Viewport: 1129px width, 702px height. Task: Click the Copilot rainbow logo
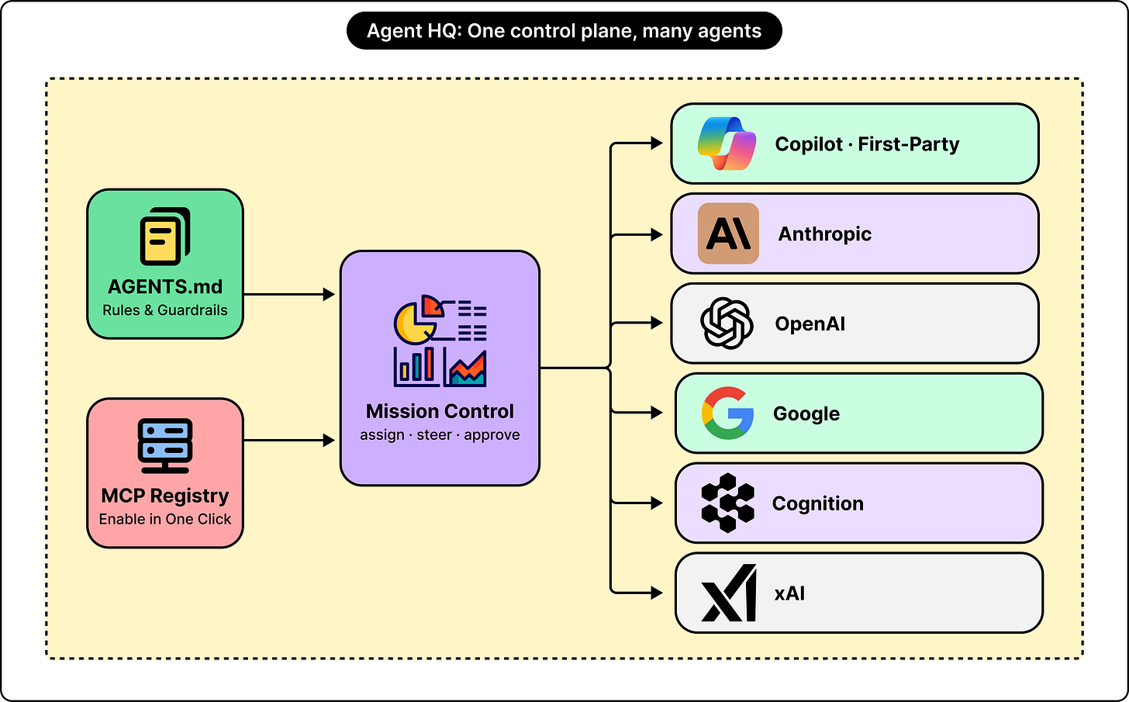pyautogui.click(x=727, y=144)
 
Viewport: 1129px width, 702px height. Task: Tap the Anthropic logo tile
pyautogui.click(x=728, y=233)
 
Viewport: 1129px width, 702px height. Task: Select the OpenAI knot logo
pyautogui.click(x=727, y=323)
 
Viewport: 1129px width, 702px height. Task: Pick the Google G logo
pyautogui.click(x=727, y=413)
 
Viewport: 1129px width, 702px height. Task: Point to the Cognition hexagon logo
pyautogui.click(x=728, y=503)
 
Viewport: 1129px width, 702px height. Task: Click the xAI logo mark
pyautogui.click(x=729, y=593)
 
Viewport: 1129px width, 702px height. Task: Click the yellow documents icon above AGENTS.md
pyautogui.click(x=165, y=236)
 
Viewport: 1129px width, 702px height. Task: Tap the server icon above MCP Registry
pyautogui.click(x=165, y=446)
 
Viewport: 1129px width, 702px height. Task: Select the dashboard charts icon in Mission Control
pyautogui.click(x=440, y=341)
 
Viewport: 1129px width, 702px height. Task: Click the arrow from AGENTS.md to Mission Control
pyautogui.click(x=289, y=294)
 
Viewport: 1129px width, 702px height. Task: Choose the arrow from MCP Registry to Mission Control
pyautogui.click(x=289, y=441)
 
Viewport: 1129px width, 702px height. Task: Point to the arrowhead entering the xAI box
pyautogui.click(x=657, y=593)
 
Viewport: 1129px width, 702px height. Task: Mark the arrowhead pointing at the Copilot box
pyautogui.click(x=657, y=144)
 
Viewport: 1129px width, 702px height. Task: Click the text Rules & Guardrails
pyautogui.click(x=165, y=310)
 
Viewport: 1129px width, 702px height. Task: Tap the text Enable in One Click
pyautogui.click(x=165, y=519)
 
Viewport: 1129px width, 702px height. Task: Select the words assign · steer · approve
pyautogui.click(x=440, y=434)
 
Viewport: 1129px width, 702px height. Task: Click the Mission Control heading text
pyautogui.click(x=440, y=411)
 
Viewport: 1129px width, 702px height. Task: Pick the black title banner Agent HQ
pyautogui.click(x=564, y=31)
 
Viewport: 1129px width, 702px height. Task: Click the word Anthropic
pyautogui.click(x=824, y=234)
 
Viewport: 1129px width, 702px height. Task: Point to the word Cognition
pyautogui.click(x=817, y=503)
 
